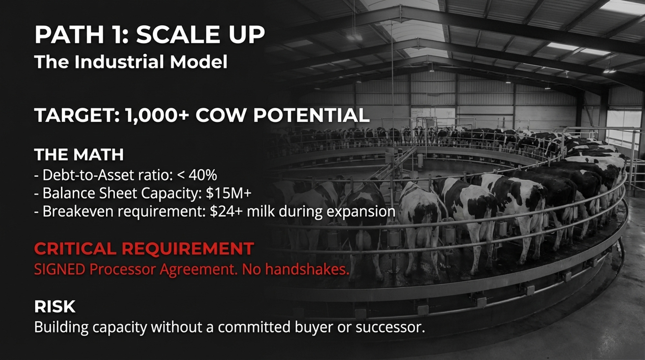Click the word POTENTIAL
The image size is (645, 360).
coord(311,115)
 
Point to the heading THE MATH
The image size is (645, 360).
coord(79,155)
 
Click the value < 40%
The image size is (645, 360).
coord(197,175)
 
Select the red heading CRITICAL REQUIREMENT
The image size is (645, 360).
coord(144,249)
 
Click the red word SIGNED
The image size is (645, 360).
coord(60,269)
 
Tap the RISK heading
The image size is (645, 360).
coord(55,306)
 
